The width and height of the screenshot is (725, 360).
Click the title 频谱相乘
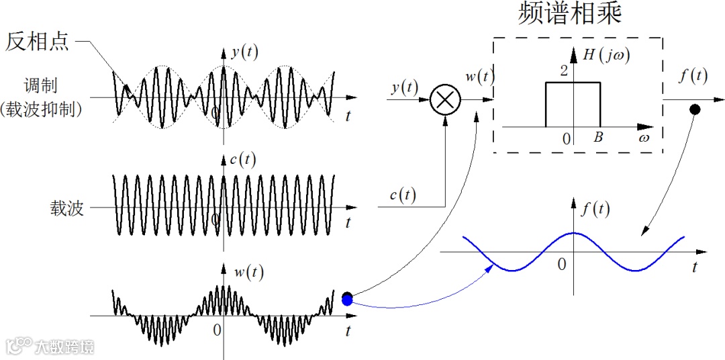(x=570, y=14)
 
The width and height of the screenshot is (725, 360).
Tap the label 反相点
(x=37, y=42)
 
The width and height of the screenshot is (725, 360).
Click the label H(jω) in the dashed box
(x=607, y=56)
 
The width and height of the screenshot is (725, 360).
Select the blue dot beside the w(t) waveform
(x=346, y=302)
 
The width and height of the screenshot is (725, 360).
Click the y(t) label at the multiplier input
(x=404, y=87)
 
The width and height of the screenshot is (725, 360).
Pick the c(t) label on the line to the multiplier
(x=403, y=195)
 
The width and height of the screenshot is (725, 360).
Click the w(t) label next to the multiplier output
(x=480, y=77)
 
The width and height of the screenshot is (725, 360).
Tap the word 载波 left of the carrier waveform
(x=66, y=208)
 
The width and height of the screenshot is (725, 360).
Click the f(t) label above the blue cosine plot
(x=595, y=209)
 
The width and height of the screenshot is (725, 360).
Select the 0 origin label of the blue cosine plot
(x=562, y=265)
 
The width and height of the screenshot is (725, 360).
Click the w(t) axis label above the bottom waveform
(x=248, y=273)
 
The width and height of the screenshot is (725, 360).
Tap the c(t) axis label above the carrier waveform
(x=246, y=160)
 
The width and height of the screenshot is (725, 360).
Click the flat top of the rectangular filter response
(x=573, y=83)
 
